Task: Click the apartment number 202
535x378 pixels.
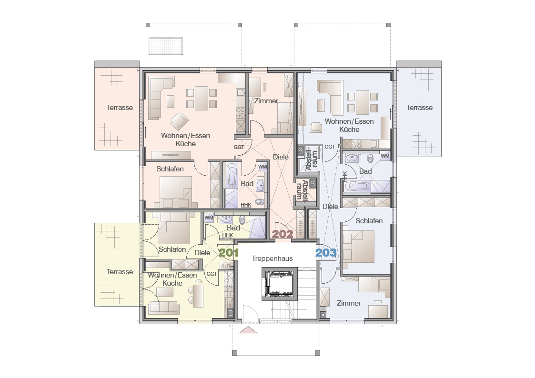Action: point(283,234)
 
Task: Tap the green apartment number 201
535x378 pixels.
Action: point(228,253)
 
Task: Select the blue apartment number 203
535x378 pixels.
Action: point(326,253)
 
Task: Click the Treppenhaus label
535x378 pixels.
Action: point(273,259)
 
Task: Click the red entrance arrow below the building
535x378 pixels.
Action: point(248,329)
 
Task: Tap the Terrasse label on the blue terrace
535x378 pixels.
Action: point(419,108)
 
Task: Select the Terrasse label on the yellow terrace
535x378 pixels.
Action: point(120,272)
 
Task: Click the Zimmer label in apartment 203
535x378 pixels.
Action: point(349,303)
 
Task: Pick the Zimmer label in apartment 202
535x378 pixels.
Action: point(266,101)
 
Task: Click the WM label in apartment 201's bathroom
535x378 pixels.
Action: point(209,218)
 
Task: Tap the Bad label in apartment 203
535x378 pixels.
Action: point(365,171)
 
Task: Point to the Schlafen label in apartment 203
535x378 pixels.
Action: point(369,220)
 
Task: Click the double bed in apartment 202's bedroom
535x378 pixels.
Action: point(176,192)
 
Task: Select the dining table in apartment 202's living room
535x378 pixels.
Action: point(202,98)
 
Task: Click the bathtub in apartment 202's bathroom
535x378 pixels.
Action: point(232,176)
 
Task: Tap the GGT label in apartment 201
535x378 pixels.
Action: point(212,274)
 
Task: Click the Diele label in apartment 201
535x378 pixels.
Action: point(202,253)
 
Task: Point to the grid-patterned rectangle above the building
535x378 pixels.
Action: point(166,46)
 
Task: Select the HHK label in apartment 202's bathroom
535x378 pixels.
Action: point(246,205)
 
